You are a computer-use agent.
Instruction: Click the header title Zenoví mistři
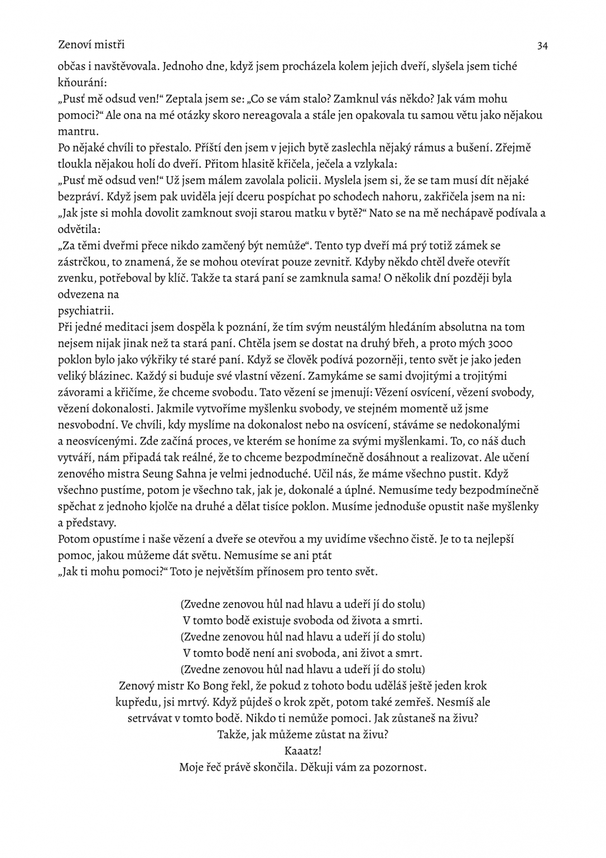[x=91, y=44]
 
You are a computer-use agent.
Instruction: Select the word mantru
[x=78, y=132]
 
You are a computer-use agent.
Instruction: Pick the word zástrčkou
[x=83, y=261]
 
